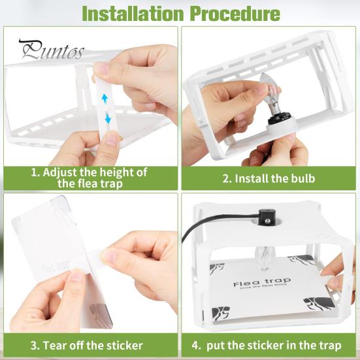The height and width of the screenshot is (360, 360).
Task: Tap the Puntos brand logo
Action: (51, 50)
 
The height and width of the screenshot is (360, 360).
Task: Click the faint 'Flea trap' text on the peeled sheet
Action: (56, 268)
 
